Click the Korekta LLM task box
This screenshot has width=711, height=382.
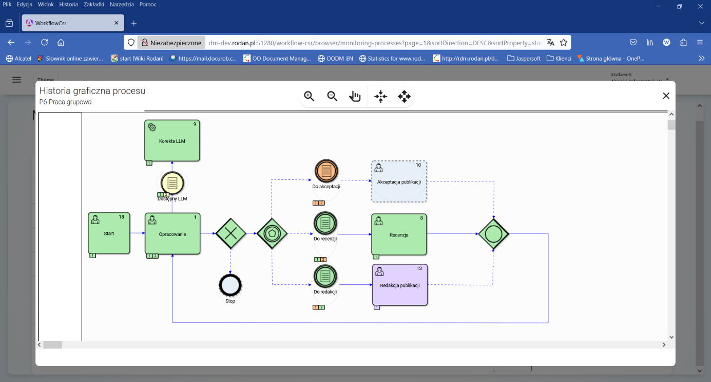point(172,140)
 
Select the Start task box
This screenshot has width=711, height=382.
point(109,233)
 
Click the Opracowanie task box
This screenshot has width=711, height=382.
point(172,233)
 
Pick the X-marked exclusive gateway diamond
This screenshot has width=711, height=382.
point(231,233)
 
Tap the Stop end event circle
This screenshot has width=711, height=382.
point(230,285)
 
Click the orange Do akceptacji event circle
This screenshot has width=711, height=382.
point(326,171)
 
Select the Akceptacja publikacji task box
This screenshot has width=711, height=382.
point(399,181)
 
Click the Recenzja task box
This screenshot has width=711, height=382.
point(399,234)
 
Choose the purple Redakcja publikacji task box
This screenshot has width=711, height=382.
point(400,285)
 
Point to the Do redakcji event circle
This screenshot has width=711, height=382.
point(325,277)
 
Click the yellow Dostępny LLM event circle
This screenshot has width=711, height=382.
point(172,183)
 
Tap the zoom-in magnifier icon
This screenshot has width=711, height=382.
point(309,96)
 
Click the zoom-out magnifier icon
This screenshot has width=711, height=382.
point(332,96)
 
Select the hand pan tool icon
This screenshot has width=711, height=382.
point(355,96)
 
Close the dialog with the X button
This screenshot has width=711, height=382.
point(666,96)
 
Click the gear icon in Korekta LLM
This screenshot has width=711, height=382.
point(152,128)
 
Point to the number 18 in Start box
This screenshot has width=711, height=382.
point(122,217)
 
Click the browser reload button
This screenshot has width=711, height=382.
point(45,43)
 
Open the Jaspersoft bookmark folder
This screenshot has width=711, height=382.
point(524,59)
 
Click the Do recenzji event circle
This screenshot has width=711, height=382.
point(325,223)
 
